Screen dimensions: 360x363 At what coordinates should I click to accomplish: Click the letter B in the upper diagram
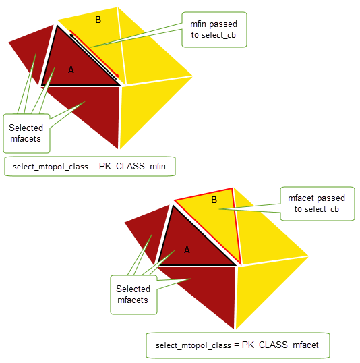tap(98, 20)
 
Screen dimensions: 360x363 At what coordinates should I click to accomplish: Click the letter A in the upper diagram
tap(71, 69)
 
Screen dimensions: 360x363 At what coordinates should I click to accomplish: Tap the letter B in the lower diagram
tap(214, 200)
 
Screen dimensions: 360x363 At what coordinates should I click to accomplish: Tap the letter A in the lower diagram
tap(187, 250)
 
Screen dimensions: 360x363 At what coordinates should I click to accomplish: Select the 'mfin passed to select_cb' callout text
tap(214, 30)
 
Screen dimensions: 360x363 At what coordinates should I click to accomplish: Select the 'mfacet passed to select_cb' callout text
tap(316, 204)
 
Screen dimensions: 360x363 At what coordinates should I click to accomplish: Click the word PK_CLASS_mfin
tap(132, 166)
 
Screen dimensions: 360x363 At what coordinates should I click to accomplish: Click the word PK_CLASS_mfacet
tap(280, 345)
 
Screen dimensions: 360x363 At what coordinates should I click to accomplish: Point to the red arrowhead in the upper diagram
tap(117, 76)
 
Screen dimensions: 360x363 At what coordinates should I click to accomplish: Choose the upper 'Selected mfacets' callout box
tap(26, 134)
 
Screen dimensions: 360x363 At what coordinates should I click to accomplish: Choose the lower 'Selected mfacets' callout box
tap(133, 295)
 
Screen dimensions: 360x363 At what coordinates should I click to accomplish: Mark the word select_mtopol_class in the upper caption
tap(51, 167)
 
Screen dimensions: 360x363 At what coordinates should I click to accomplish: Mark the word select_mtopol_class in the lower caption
tap(193, 345)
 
